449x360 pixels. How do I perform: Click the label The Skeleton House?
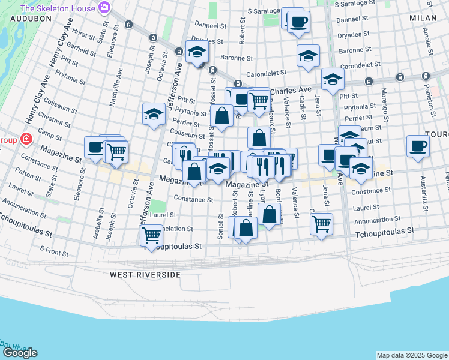[x=58, y=8]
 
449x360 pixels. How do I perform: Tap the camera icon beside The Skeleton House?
[x=104, y=8]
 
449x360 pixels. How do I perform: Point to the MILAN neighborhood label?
[x=424, y=18]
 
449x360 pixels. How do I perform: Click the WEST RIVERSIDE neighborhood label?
[x=145, y=274]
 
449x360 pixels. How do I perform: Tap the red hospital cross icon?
[x=26, y=139]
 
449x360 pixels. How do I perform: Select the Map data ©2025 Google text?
[x=411, y=355]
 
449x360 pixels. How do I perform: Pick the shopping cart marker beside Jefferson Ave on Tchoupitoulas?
[x=152, y=235]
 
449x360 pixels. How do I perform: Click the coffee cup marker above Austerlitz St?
[x=418, y=146]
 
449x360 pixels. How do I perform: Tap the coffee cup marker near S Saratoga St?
[x=298, y=22]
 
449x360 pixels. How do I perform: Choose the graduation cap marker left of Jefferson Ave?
[x=154, y=113]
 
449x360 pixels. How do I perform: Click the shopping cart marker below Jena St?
[x=322, y=224]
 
